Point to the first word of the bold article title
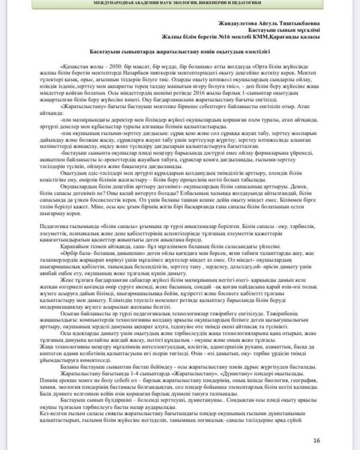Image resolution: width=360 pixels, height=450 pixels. [111, 53]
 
